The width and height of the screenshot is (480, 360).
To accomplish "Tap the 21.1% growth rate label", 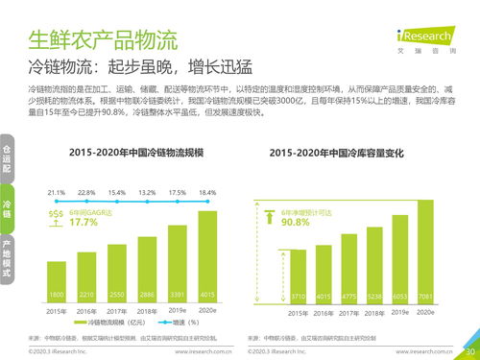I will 57,193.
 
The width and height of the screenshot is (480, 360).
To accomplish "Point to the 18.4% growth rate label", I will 207,193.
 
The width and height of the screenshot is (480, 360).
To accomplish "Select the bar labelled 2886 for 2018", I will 147,271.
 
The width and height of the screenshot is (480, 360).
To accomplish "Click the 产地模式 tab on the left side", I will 7,258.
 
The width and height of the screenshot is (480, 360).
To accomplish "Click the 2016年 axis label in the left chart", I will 87,312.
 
